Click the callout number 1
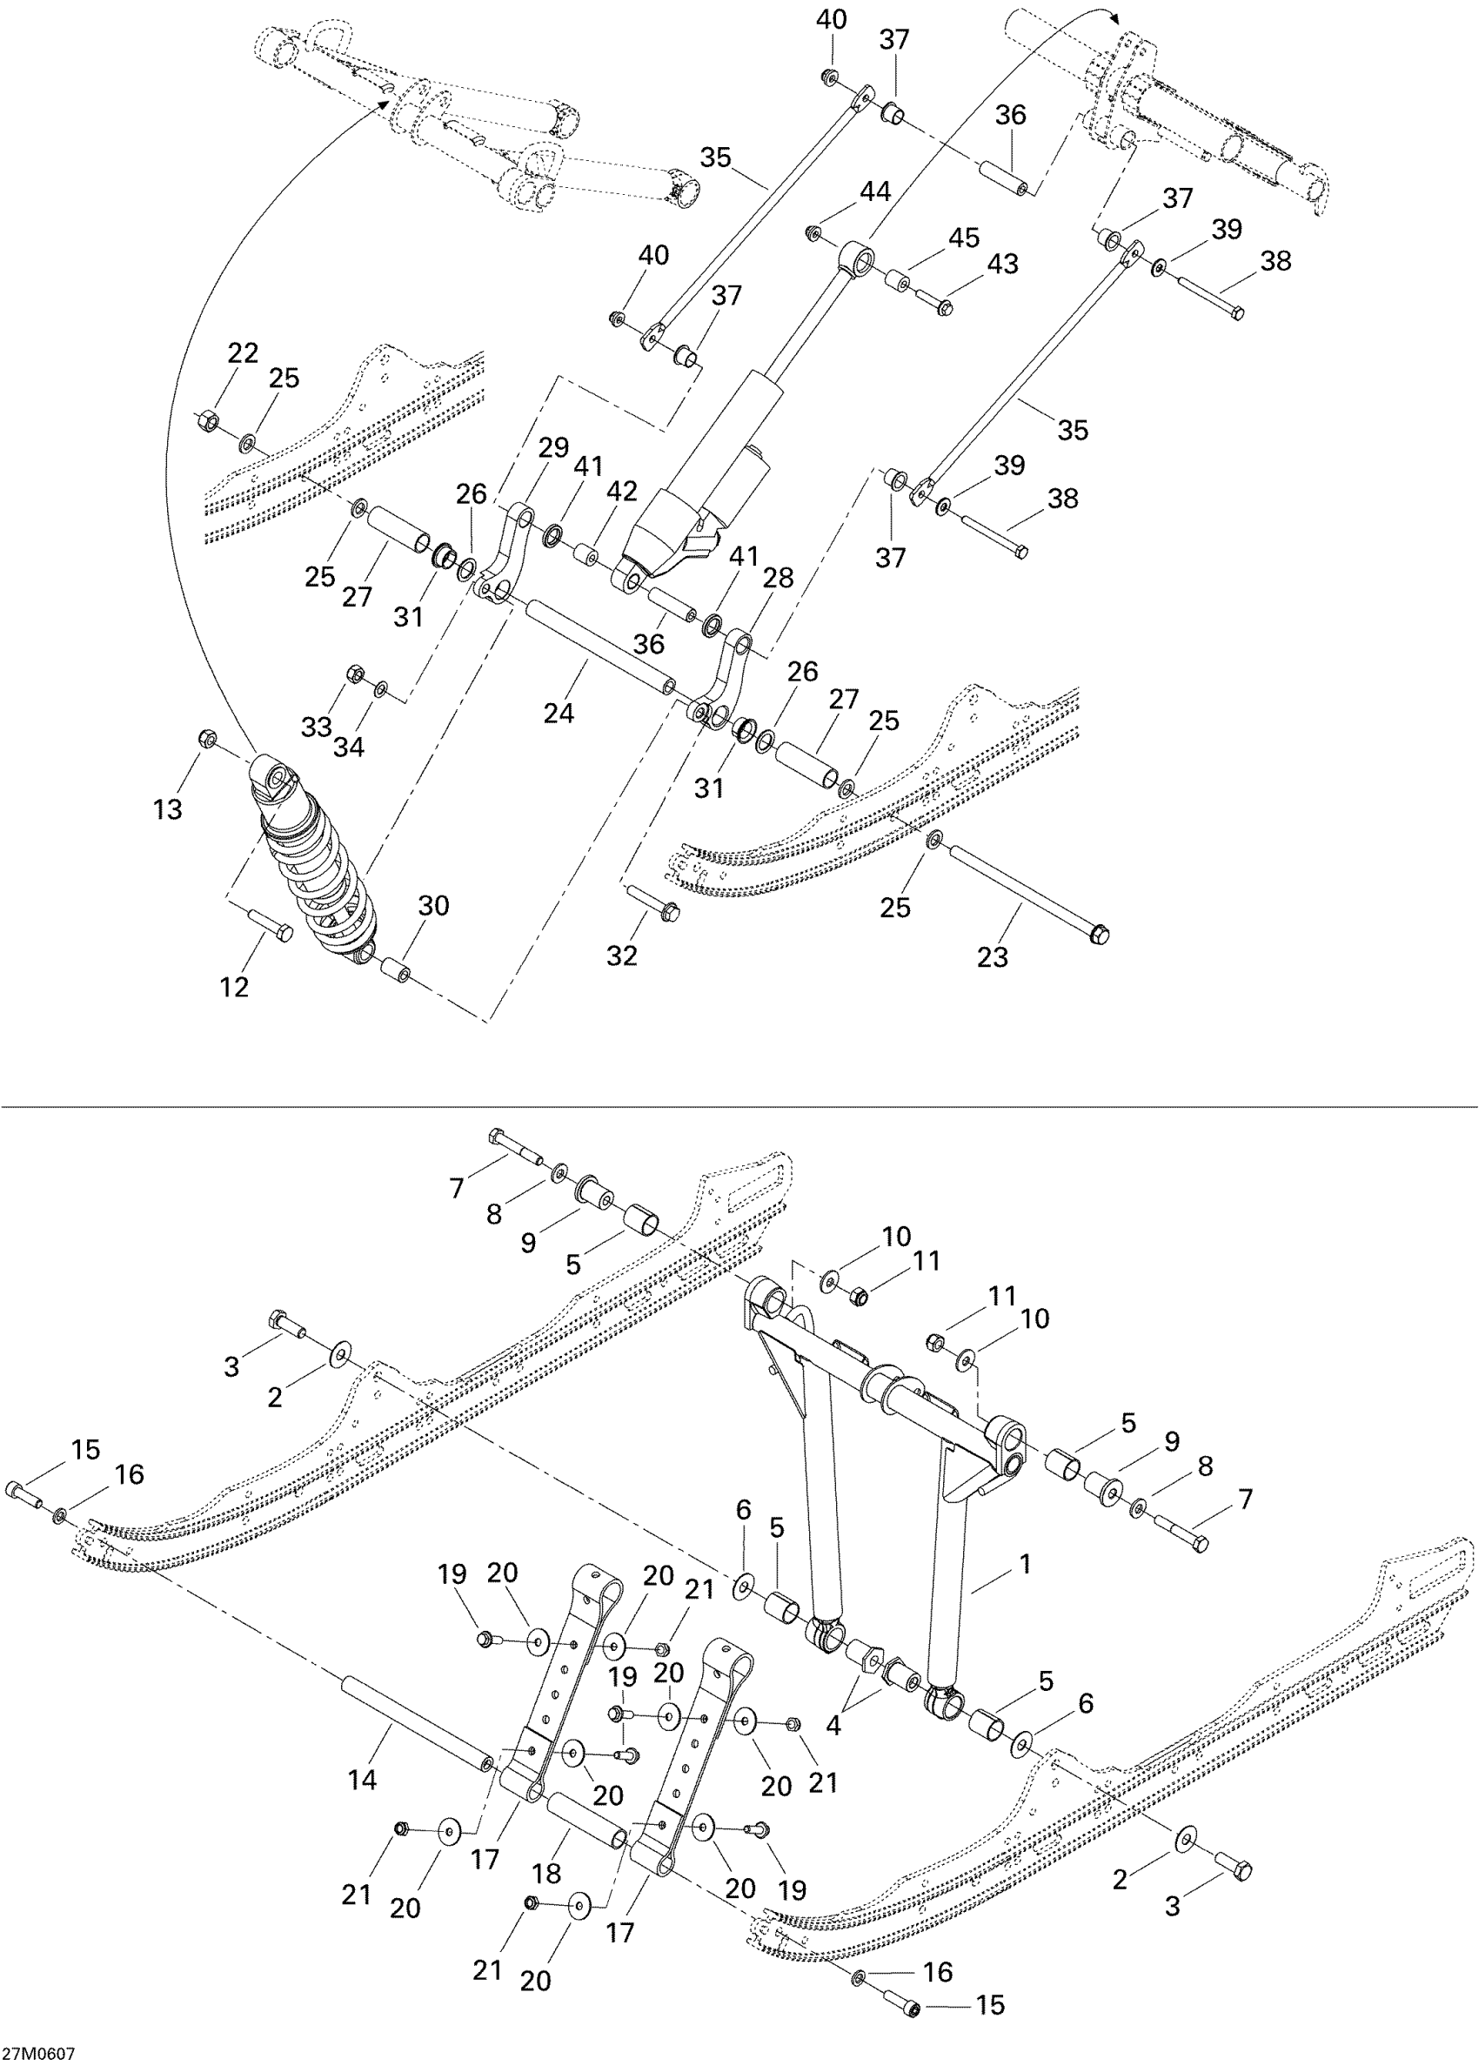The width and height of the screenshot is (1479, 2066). coord(1026,1564)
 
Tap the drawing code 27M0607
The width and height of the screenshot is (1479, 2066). coord(38,2053)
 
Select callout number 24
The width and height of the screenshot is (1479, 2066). coord(559,714)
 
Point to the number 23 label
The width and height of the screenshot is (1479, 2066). coord(992,956)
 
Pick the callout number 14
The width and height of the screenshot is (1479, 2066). coord(363,1779)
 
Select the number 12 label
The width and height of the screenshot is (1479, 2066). coord(234,987)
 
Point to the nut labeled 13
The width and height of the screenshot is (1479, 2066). coord(207,738)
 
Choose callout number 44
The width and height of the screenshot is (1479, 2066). coord(875,191)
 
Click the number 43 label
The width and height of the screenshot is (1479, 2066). coord(1003,265)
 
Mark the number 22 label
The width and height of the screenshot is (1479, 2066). coord(242,352)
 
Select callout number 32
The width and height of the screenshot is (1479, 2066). coord(622,956)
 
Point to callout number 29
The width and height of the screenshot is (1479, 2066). coord(552,448)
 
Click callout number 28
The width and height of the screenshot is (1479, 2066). coord(779,578)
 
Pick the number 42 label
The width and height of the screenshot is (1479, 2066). coord(622,492)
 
